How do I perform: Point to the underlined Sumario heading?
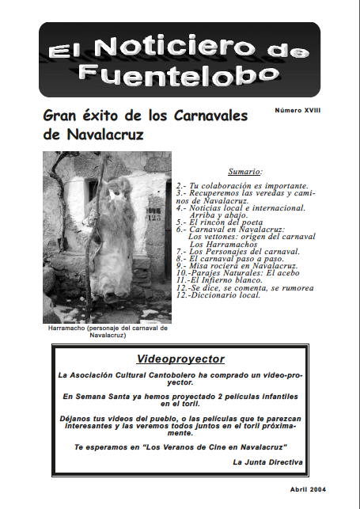tap(244, 170)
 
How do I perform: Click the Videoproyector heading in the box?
tap(180, 358)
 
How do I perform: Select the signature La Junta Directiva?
tap(267, 461)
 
